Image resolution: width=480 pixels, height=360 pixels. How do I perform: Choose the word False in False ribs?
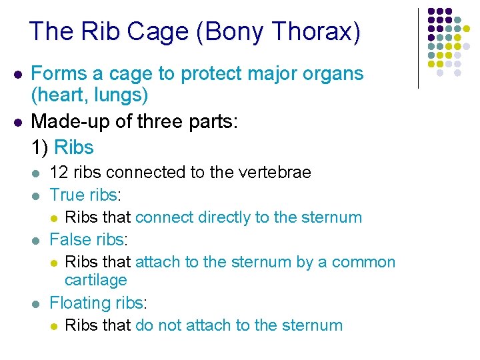69,239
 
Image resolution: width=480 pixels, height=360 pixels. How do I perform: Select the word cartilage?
95,280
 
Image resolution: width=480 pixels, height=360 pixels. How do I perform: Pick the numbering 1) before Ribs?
39,147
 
